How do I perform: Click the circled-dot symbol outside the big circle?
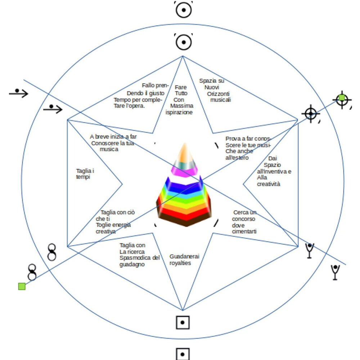[184, 10]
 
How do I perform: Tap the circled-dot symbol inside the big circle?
[184, 42]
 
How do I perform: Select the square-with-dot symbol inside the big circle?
[183, 323]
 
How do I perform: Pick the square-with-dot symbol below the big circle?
[183, 354]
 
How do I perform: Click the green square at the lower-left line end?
[22, 286]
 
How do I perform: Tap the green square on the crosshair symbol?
[342, 98]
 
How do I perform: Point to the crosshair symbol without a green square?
[311, 114]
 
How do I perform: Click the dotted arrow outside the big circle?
[18, 93]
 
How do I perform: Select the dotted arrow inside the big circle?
[53, 109]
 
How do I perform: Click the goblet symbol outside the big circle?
[335, 272]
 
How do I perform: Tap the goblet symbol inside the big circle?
[310, 251]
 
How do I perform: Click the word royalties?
[180, 263]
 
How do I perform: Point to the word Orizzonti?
[218, 94]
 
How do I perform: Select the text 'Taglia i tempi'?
[85, 174]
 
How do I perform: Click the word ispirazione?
[179, 112]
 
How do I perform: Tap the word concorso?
[244, 219]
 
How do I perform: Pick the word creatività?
[269, 184]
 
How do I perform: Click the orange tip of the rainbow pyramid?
[185, 153]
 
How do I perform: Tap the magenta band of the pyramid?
[184, 171]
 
